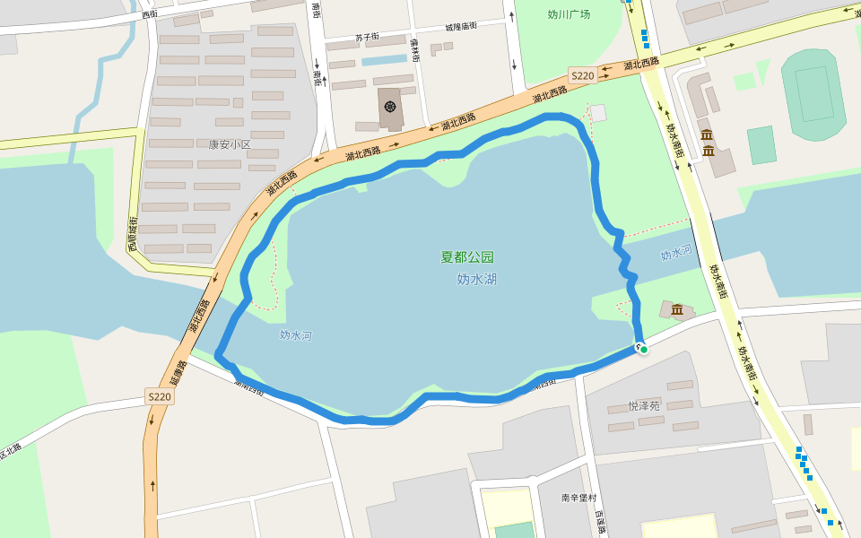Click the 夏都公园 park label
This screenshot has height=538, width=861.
tap(466, 256)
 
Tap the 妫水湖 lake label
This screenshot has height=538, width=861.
tap(476, 279)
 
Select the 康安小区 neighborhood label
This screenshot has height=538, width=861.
tap(230, 144)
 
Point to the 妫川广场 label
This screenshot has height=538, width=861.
tap(569, 14)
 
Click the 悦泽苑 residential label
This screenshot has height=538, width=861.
tap(644, 405)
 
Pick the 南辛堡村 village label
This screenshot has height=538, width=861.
tap(579, 498)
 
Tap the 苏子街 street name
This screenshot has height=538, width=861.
tap(366, 38)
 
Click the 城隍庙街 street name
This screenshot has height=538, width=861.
tap(460, 26)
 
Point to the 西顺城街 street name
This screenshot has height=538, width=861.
tap(132, 233)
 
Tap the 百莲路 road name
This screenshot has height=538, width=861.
tap(599, 522)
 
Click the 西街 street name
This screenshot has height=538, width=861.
tap(149, 14)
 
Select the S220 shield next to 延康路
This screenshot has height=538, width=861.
tap(159, 396)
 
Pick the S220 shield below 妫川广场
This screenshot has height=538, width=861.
tap(582, 76)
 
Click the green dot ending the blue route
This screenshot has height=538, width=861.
tap(643, 350)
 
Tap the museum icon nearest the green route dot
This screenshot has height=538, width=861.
tap(676, 310)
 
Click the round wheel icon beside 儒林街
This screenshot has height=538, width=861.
tap(390, 107)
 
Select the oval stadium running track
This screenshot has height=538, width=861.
tap(813, 85)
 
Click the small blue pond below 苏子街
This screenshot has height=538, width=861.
tap(384, 60)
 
